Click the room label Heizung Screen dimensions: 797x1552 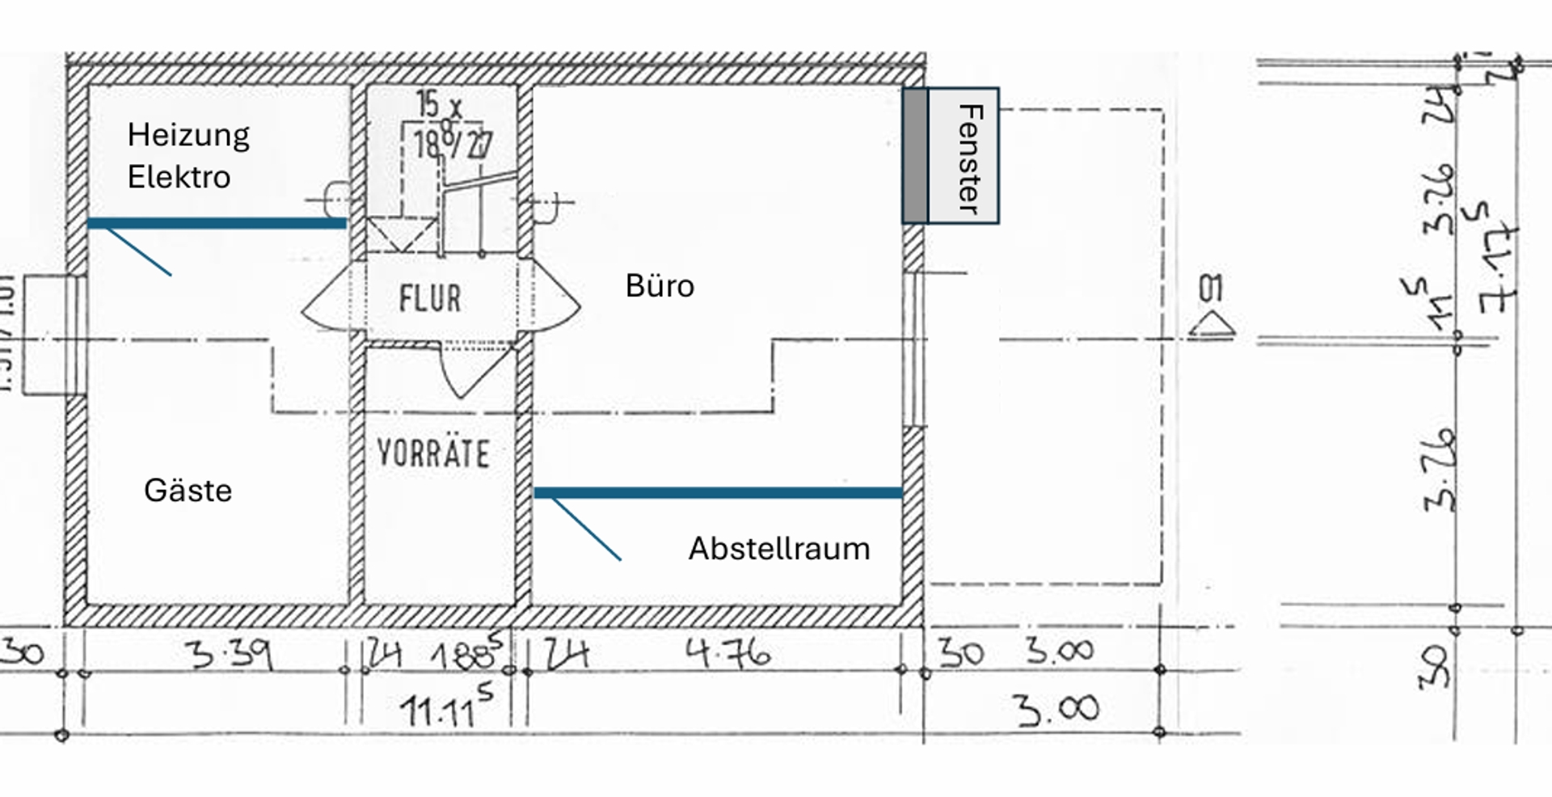188,136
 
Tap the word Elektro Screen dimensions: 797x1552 179,177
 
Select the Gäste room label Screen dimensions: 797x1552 188,490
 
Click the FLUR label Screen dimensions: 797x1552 430,299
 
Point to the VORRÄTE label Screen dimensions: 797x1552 433,453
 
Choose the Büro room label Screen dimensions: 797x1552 660,286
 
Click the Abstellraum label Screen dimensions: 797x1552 779,549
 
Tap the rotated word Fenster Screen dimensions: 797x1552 968,158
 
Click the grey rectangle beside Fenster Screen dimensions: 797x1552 915,155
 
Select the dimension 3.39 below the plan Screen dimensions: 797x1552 233,653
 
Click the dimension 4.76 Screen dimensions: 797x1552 727,653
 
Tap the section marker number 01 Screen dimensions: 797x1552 1210,289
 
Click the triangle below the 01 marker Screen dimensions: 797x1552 1212,326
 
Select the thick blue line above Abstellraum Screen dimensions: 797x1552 718,492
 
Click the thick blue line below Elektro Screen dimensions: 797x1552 217,224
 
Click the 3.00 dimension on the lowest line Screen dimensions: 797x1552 1057,710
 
